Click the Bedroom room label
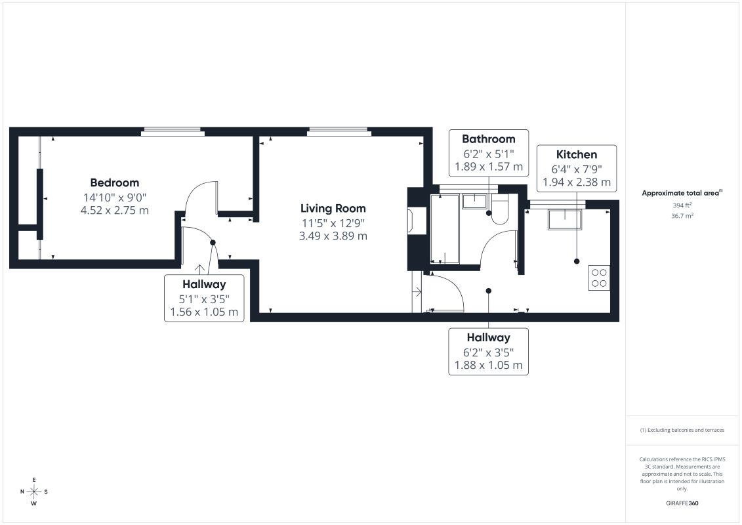tap(115, 182)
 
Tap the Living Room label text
tap(333, 208)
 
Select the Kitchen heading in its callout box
tap(577, 154)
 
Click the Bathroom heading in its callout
tap(488, 138)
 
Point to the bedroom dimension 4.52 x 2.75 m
tap(115, 210)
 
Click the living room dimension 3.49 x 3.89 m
tap(333, 236)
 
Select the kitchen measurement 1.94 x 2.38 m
tap(577, 182)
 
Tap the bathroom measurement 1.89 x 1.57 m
tap(488, 167)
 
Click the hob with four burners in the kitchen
tap(599, 278)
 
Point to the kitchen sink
tap(565, 220)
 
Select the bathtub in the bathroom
tap(444, 228)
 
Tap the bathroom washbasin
tap(474, 201)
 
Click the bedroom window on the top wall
tap(173, 132)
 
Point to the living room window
tap(339, 132)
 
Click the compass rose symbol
tap(34, 492)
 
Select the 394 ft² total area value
tap(682, 205)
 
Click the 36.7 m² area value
tap(682, 215)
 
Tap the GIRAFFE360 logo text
tap(682, 503)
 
